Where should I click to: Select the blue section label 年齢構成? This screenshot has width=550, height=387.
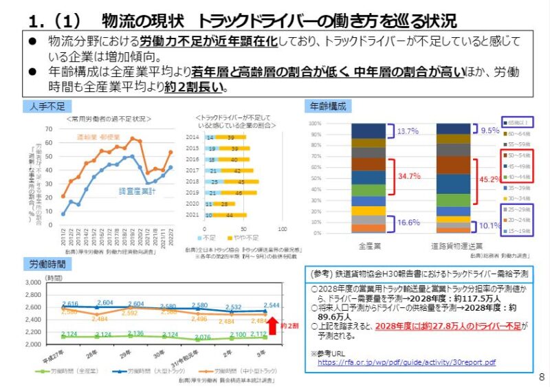(327, 107)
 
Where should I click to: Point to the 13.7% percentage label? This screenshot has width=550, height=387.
(408, 131)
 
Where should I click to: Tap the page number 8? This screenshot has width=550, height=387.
(541, 376)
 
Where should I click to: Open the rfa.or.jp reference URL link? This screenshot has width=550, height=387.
(407, 362)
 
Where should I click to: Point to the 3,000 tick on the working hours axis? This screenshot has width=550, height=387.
(32, 283)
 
